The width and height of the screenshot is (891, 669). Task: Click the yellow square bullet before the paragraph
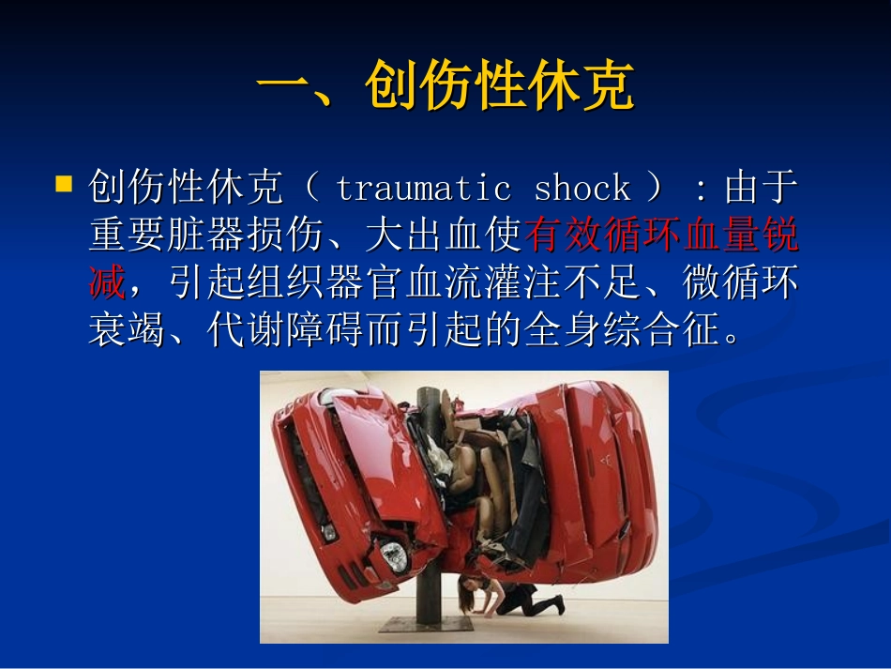click(65, 183)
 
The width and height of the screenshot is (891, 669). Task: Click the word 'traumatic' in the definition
click(422, 189)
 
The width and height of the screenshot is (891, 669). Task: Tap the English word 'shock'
click(581, 189)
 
